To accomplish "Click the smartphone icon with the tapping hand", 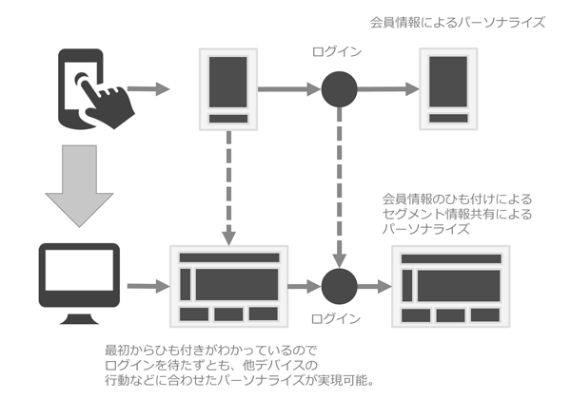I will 90,91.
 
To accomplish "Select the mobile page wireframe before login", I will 228,90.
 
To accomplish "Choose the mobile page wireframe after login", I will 448,90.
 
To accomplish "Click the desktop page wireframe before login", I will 227,286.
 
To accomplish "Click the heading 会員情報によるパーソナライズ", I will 458,21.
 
